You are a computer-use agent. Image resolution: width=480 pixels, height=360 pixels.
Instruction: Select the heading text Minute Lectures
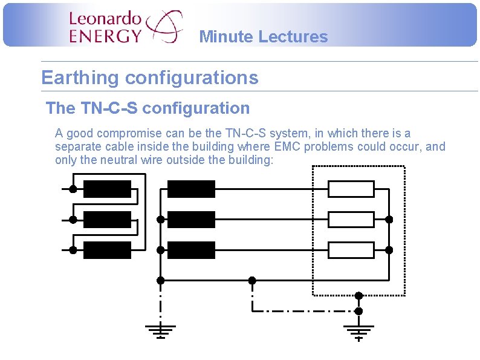[263, 37]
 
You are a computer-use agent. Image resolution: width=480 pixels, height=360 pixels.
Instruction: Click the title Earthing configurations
[149, 78]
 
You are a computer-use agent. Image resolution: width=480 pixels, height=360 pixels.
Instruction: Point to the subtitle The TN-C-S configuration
[148, 108]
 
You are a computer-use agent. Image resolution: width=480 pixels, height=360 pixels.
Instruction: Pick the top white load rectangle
[351, 189]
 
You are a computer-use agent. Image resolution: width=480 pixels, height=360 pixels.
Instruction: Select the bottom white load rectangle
[351, 250]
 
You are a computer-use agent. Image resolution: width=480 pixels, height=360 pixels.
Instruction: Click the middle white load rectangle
[351, 220]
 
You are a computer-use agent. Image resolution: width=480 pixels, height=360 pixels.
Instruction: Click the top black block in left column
[107, 189]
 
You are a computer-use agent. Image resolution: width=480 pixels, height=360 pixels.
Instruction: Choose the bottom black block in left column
[107, 250]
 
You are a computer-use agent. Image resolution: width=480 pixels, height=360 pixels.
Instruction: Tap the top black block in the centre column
[191, 189]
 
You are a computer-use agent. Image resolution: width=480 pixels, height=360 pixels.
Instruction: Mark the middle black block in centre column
[191, 220]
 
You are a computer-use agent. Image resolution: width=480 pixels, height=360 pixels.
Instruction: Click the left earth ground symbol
[160, 331]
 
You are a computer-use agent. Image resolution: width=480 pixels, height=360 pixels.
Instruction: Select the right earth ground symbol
[358, 332]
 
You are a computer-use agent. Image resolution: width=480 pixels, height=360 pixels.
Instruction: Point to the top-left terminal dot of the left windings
[73, 189]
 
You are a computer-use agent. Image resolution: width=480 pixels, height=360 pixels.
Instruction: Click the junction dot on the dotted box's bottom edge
[358, 296]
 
